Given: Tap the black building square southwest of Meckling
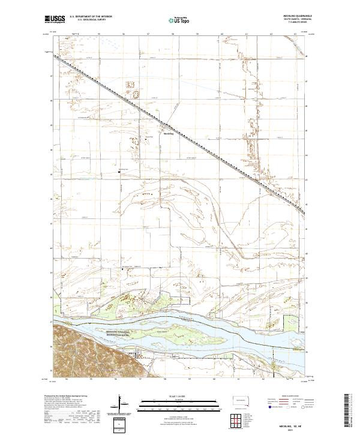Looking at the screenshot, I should click(119, 172).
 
